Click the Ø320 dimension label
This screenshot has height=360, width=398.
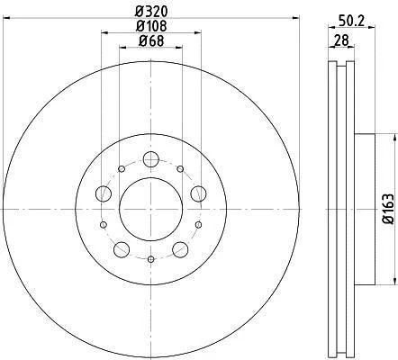click(150, 12)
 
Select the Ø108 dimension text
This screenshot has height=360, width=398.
click(150, 26)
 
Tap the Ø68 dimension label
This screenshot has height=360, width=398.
click(151, 40)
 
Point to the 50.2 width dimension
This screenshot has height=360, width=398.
click(351, 21)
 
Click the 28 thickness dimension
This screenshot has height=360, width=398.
click(341, 40)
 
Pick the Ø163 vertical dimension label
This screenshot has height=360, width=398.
click(388, 209)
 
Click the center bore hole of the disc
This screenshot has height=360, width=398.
click(150, 209)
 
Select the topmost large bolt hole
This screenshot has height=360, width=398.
click(150, 159)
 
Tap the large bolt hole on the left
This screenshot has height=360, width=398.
click(104, 193)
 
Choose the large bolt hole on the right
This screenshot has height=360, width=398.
click(198, 193)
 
